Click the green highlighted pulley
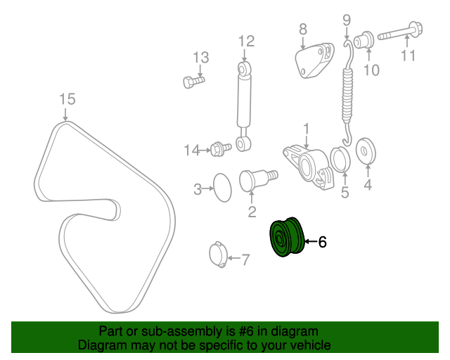[286, 237]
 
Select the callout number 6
[323, 242]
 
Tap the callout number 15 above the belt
[67, 99]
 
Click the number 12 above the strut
[247, 41]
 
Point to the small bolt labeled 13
[194, 82]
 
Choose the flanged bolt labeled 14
[220, 148]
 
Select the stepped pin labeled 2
[258, 179]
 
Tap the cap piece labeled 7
[218, 255]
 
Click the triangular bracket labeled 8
[314, 60]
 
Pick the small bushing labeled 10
[364, 39]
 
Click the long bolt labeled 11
[400, 32]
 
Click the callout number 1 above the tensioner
[307, 129]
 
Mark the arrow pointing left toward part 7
[234, 258]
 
